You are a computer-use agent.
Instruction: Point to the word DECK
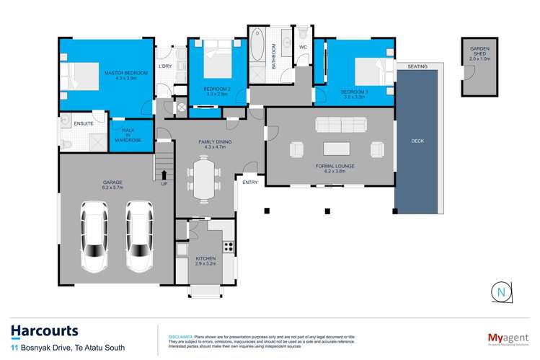tap(417, 141)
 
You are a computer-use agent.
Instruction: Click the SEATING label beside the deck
tap(417, 66)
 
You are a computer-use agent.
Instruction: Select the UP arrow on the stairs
tap(164, 175)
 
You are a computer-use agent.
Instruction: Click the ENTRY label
tap(249, 183)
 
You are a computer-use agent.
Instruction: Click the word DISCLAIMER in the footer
tap(180, 337)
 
